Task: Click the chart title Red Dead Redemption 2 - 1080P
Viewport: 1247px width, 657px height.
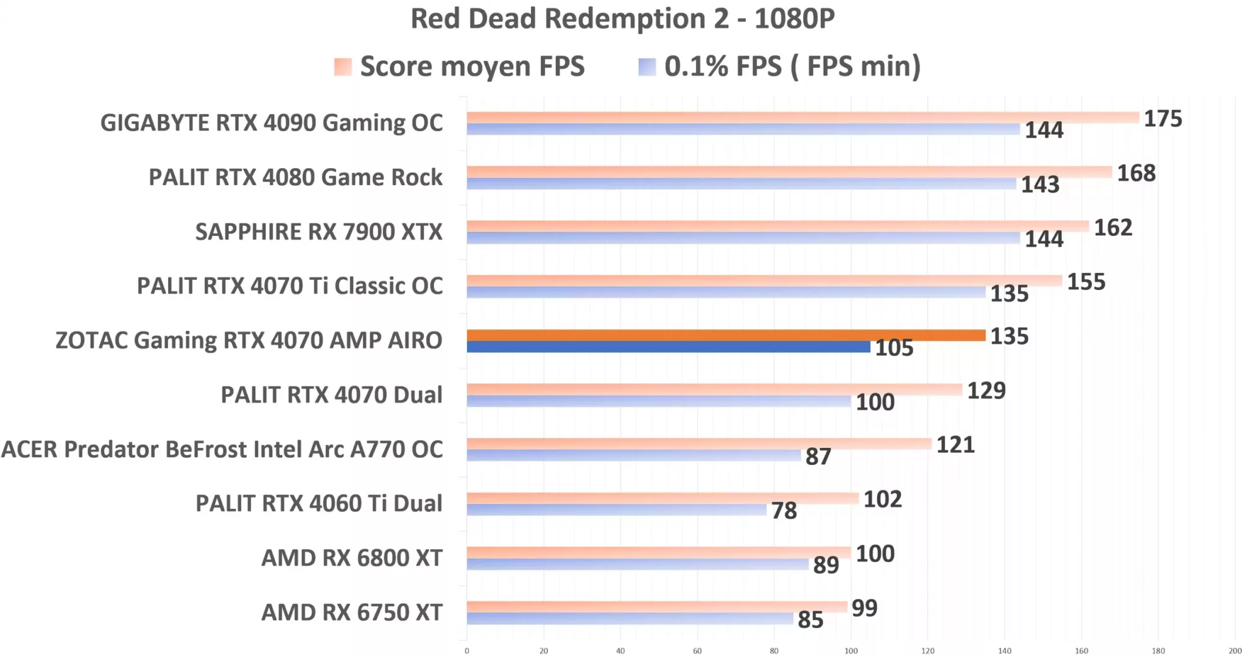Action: click(x=622, y=19)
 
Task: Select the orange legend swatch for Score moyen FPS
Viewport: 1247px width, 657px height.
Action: click(x=343, y=67)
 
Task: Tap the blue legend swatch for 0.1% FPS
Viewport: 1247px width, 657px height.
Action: click(x=647, y=67)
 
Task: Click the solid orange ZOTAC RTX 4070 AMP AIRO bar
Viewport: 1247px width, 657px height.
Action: click(x=726, y=335)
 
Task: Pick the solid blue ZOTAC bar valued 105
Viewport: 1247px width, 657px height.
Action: click(x=668, y=347)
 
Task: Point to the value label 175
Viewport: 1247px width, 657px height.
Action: click(x=1162, y=119)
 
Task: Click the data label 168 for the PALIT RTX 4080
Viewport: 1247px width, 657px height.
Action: click(x=1136, y=173)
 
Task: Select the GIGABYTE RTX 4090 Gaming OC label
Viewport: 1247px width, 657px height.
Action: click(x=272, y=123)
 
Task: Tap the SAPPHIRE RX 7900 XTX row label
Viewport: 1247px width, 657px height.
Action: click(x=318, y=232)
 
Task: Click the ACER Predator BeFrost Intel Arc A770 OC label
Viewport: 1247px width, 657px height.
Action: click(x=222, y=450)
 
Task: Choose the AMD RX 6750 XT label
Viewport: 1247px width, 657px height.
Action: click(x=351, y=613)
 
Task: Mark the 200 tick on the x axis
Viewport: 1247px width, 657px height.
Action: click(x=1235, y=651)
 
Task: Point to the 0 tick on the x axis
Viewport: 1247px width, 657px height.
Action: click(x=467, y=651)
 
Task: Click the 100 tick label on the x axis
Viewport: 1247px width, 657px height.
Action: click(x=851, y=651)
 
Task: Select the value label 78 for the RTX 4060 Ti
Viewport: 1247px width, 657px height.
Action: click(x=784, y=511)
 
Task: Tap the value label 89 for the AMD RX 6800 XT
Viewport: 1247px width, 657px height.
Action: click(x=826, y=566)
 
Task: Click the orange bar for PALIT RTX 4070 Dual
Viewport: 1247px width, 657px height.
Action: click(x=714, y=389)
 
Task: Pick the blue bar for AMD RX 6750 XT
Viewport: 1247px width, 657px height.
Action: click(x=630, y=619)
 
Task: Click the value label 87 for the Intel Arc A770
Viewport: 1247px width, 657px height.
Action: click(x=818, y=456)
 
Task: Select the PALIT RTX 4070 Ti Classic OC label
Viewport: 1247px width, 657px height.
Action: click(x=289, y=286)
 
